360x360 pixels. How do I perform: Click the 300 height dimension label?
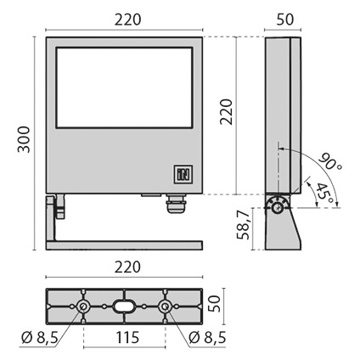(x=24, y=139)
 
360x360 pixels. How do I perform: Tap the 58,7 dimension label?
(x=244, y=225)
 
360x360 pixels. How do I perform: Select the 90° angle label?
(x=330, y=162)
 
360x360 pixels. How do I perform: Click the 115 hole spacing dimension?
(x=127, y=337)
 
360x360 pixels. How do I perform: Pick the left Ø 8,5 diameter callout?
(x=40, y=337)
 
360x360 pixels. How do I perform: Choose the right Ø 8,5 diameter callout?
(x=207, y=337)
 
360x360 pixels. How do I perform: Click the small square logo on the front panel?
(x=183, y=174)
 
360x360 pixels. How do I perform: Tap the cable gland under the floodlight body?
(x=176, y=203)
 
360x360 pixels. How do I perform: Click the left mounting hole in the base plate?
(x=83, y=307)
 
